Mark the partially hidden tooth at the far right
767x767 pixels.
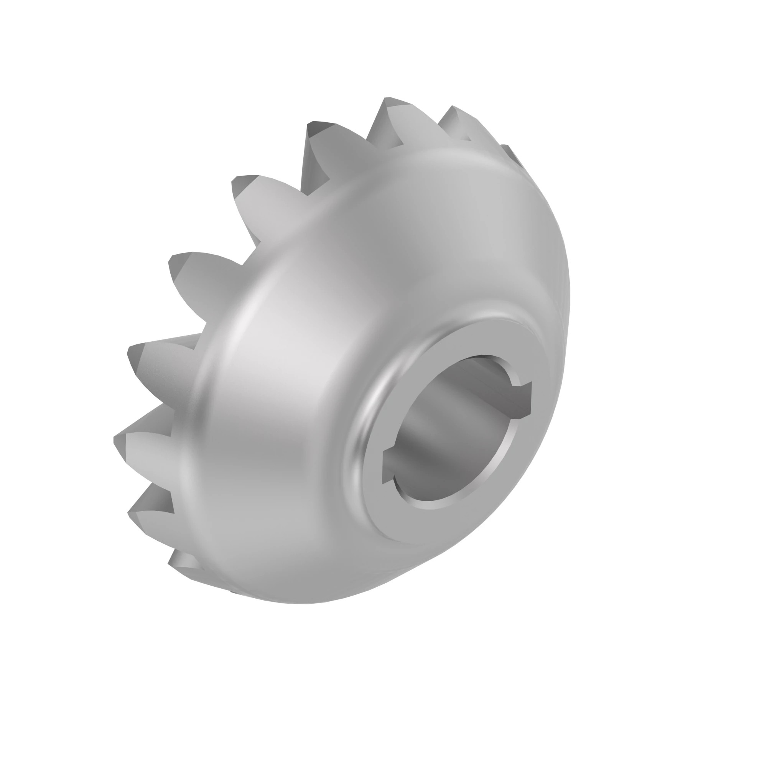coord(510,153)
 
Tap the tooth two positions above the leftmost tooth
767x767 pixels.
coord(187,274)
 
